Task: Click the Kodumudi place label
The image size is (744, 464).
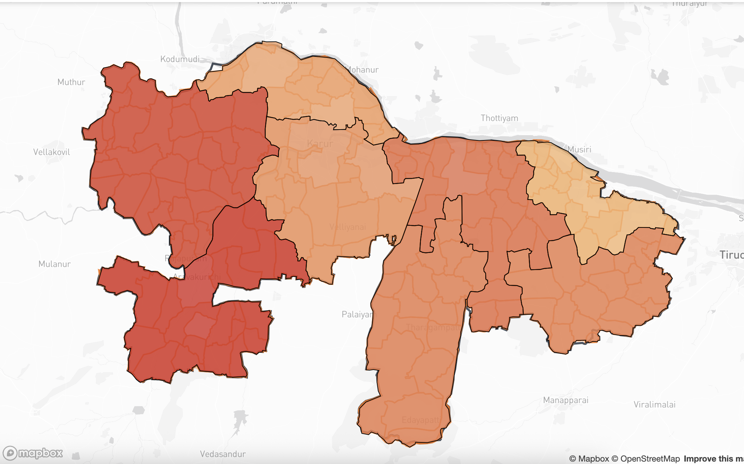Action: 180,59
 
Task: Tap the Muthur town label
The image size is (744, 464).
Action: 71,82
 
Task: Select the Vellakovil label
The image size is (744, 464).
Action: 52,152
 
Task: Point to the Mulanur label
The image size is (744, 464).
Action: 54,264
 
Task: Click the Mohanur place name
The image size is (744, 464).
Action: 363,70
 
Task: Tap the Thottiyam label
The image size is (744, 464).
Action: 499,118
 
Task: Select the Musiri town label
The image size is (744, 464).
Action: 579,149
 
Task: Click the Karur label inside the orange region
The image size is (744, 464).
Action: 320,144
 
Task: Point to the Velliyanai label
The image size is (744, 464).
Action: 348,227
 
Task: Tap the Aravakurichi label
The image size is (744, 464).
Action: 197,277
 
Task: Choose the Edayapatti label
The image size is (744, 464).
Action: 421,420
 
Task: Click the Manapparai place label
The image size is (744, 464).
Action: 565,400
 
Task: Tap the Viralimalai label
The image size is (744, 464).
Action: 654,405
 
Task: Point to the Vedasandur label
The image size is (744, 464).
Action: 223,454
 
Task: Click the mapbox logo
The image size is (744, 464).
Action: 33,453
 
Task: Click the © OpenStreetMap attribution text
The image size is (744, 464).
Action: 646,459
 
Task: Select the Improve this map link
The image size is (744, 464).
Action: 713,459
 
